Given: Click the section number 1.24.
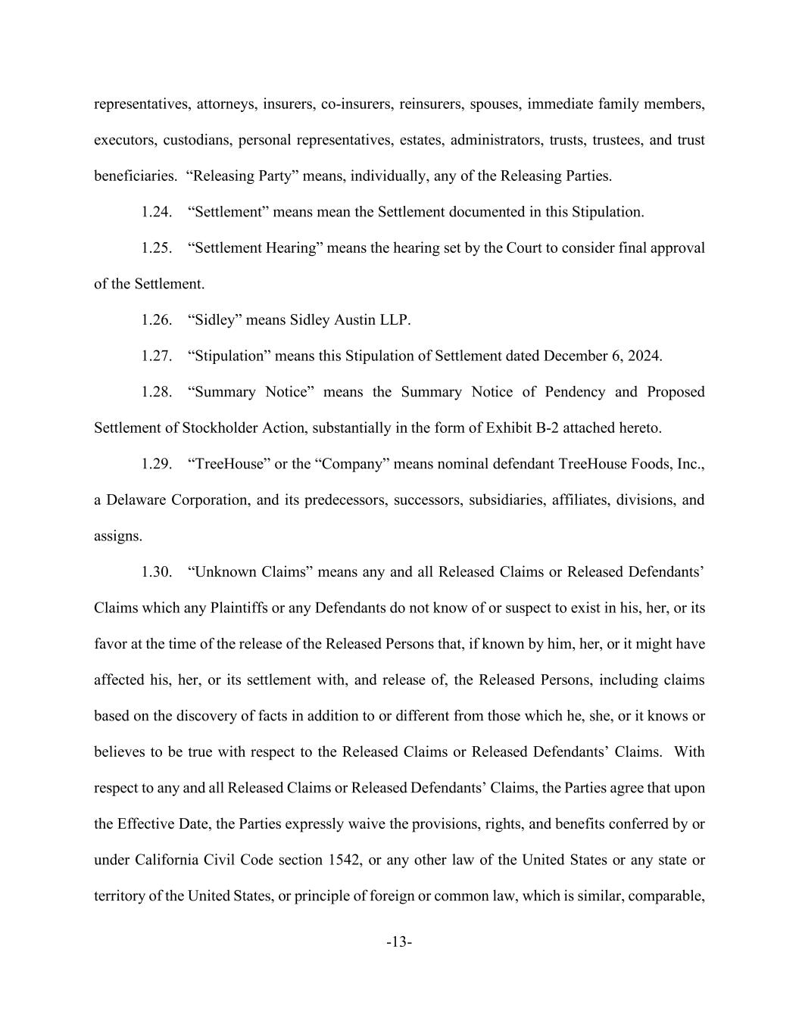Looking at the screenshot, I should click(156, 212).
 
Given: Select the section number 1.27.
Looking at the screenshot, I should click(156, 356).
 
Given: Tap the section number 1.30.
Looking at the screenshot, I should click(156, 572).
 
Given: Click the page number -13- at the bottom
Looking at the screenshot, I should click(399, 942).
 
